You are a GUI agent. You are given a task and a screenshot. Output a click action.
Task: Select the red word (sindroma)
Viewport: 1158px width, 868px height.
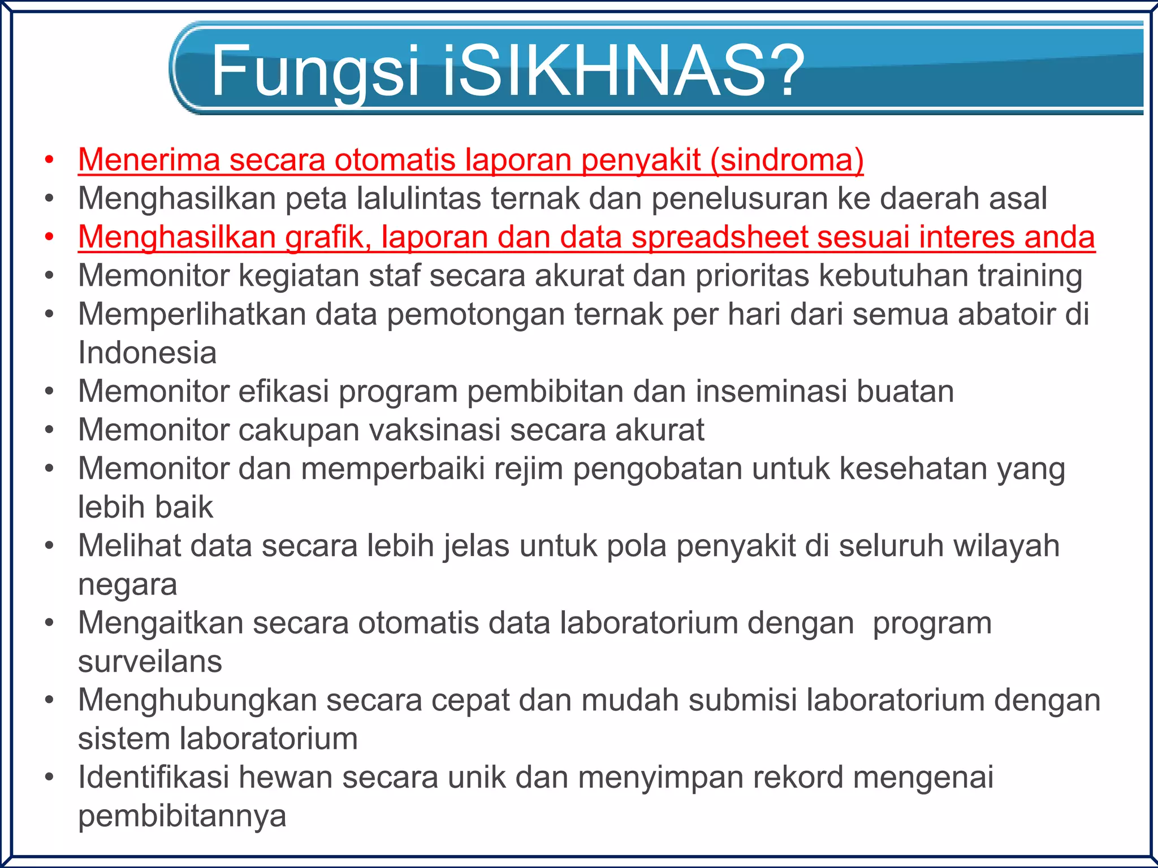click(x=787, y=160)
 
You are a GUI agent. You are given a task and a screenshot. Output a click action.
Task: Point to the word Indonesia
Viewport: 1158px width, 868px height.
click(x=147, y=353)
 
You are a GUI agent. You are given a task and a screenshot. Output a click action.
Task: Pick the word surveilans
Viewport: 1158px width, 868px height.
click(x=150, y=662)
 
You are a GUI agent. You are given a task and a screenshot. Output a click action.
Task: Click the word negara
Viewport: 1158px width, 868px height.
click(x=127, y=585)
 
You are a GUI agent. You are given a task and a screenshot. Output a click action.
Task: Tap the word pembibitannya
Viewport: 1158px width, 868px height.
click(x=182, y=817)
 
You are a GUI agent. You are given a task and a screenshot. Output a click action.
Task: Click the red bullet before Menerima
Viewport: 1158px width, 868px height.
click(x=50, y=160)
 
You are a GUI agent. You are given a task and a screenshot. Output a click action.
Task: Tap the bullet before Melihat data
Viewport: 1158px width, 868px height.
click(x=50, y=546)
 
